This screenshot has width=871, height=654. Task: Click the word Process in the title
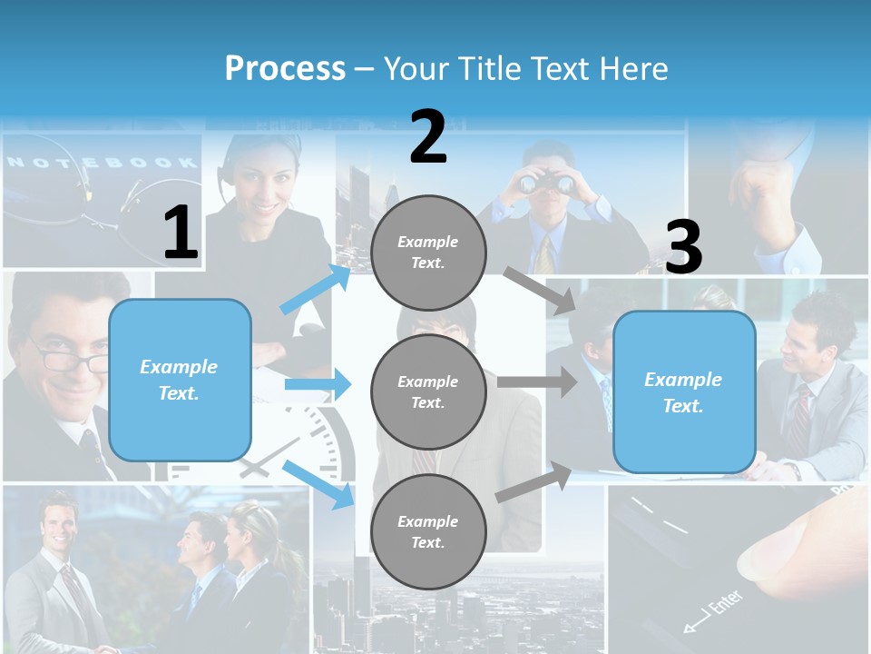(x=285, y=68)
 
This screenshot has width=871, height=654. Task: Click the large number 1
(x=181, y=233)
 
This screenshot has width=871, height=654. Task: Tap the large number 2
(x=428, y=137)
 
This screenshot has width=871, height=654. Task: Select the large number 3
(x=683, y=247)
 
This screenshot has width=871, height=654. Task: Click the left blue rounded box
(x=180, y=380)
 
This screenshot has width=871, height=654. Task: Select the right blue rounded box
(x=684, y=392)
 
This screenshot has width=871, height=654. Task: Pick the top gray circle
(x=428, y=253)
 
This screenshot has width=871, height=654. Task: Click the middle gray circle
(x=428, y=391)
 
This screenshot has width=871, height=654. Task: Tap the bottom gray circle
(x=428, y=531)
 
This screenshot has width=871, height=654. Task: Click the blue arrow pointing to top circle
(x=316, y=289)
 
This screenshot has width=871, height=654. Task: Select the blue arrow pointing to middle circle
(x=318, y=385)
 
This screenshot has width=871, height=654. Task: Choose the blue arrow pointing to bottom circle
(x=318, y=483)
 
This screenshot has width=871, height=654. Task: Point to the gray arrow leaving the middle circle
(x=536, y=381)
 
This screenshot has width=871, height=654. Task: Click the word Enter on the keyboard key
(x=723, y=605)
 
